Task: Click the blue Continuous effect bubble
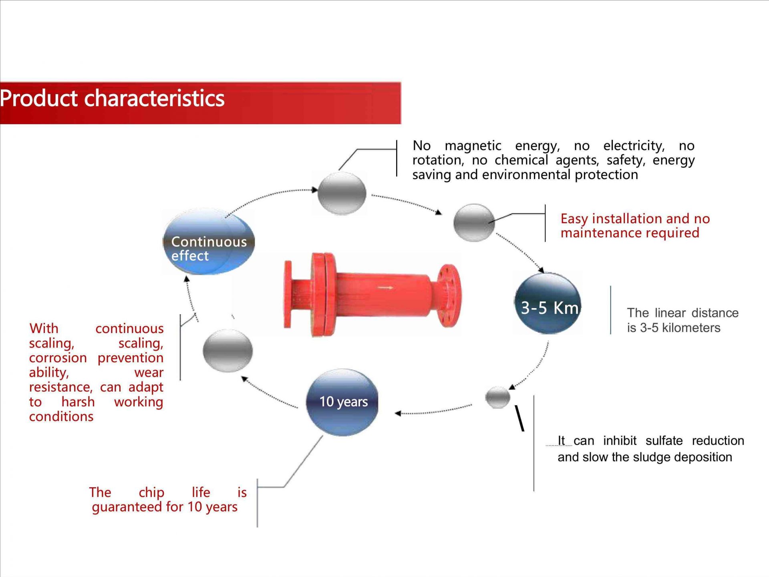click(x=209, y=241)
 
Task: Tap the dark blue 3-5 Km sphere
click(x=548, y=303)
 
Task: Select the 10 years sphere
click(x=342, y=402)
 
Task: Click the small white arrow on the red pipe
click(x=385, y=287)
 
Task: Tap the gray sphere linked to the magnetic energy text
click(x=342, y=193)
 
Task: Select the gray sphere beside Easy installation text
click(x=474, y=223)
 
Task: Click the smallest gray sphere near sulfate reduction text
click(x=497, y=397)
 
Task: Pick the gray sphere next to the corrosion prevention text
click(x=227, y=350)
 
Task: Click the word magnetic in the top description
click(x=473, y=145)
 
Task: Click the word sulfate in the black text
click(x=664, y=441)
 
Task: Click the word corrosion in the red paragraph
click(x=58, y=358)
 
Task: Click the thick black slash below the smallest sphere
click(x=519, y=418)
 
